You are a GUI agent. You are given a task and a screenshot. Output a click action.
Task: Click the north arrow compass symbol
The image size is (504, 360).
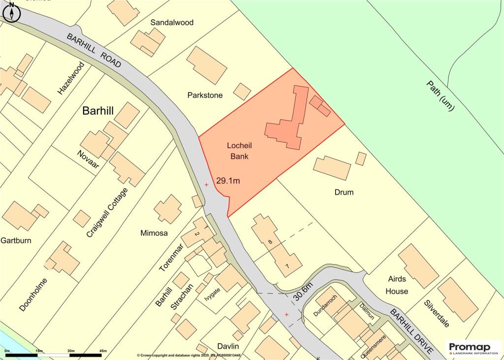coord(11,12)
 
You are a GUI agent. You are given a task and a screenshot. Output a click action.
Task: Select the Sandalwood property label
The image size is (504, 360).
coord(172,23)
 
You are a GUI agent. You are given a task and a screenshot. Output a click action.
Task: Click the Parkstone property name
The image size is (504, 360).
coord(205,94)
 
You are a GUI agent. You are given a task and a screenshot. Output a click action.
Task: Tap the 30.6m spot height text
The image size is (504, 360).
coord(304,291)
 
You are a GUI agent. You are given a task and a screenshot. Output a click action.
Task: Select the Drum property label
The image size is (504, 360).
coord(344,192)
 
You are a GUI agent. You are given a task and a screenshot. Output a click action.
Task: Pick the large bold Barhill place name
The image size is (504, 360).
coord(98,111)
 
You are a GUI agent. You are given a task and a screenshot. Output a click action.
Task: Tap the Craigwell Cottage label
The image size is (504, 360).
coord(107,213)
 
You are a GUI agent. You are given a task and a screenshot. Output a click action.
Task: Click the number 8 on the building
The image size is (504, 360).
coord(270,242)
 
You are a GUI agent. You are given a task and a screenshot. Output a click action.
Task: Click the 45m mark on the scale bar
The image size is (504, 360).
coord(103,351)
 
